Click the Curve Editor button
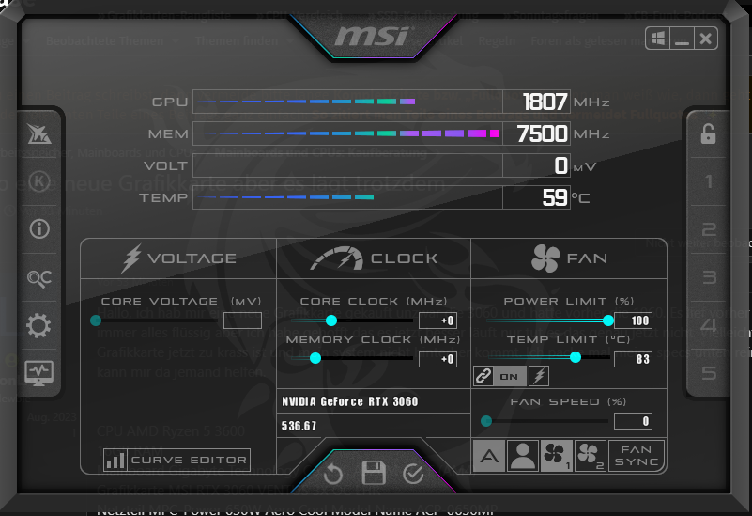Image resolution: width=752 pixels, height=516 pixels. click(x=177, y=460)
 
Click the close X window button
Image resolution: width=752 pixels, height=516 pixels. click(x=706, y=38)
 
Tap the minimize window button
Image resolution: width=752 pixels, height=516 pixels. click(x=682, y=39)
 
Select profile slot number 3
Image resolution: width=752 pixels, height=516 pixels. click(x=709, y=277)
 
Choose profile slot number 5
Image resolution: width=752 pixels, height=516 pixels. click(x=709, y=373)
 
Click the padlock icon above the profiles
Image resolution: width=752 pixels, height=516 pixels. click(x=708, y=134)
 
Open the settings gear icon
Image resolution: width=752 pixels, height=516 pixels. click(x=38, y=326)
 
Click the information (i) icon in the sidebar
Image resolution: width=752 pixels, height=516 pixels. click(x=38, y=228)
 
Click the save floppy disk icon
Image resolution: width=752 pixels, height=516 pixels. click(x=374, y=473)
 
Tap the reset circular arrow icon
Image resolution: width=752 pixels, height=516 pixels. click(x=333, y=473)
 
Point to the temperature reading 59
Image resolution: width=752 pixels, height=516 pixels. click(x=555, y=197)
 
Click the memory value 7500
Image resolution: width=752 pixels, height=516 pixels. click(x=542, y=134)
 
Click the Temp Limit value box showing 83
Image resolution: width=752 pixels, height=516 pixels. click(x=633, y=358)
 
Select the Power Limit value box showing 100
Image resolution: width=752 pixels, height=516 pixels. click(x=633, y=321)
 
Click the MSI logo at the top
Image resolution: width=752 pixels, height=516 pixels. click(x=372, y=37)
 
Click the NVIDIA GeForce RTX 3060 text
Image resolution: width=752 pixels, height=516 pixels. click(x=350, y=401)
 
